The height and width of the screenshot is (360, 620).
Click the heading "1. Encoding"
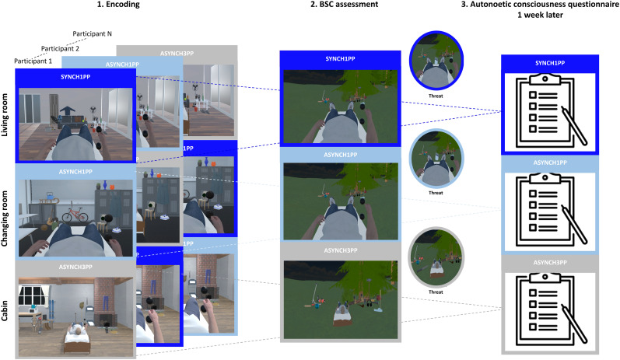(118, 5)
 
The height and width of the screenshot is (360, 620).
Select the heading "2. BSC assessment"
(344, 5)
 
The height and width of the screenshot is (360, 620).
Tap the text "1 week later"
(540, 15)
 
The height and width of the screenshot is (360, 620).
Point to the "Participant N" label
(92, 34)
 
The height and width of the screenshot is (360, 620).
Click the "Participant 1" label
(33, 61)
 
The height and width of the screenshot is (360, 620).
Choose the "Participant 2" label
(60, 49)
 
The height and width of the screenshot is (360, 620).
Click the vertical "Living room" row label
(5, 115)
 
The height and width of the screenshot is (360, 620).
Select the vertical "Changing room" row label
(5, 218)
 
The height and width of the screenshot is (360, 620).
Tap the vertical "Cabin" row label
(5, 310)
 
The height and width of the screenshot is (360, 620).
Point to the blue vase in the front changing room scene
(105, 184)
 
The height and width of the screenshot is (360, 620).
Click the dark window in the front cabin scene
(32, 295)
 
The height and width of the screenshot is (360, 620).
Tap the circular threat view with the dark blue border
(436, 61)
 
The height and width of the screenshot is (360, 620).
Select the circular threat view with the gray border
(436, 257)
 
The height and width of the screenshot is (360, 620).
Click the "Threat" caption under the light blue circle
(436, 193)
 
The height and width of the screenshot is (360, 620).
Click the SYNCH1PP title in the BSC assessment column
(340, 59)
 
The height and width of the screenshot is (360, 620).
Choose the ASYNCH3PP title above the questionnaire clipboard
(550, 262)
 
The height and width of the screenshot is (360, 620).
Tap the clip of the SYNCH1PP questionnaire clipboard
(545, 79)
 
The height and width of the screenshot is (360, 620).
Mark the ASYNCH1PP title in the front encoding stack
(75, 172)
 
